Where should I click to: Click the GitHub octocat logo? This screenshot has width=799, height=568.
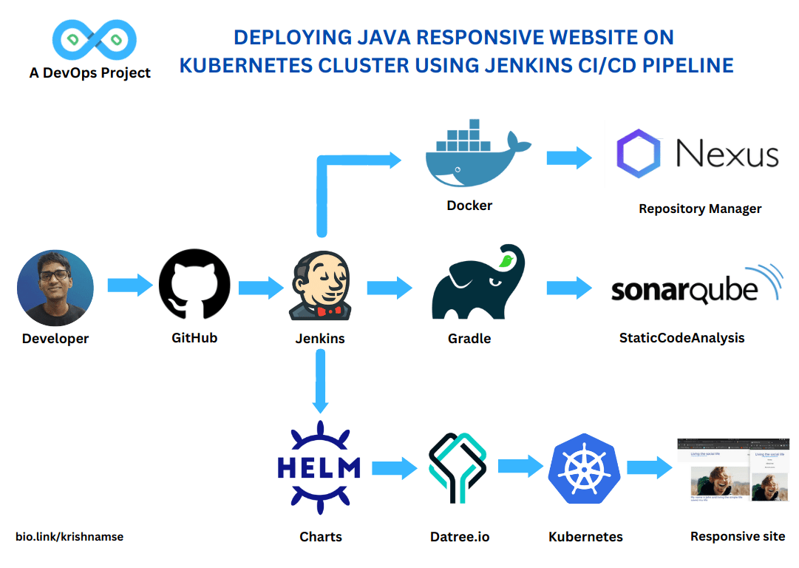194,285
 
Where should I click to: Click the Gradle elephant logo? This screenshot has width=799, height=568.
476,284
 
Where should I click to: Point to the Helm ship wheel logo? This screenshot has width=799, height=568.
319,467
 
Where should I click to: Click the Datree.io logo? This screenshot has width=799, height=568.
458,468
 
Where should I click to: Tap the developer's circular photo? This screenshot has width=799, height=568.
55,288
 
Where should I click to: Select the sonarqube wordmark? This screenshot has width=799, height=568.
684,289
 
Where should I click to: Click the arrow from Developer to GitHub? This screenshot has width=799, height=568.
129,285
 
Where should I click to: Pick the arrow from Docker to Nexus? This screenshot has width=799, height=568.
569,158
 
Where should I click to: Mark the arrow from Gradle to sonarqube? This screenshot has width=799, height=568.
569,288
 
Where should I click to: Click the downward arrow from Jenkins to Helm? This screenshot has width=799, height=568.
320,381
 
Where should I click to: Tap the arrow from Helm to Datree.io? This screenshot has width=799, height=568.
394,467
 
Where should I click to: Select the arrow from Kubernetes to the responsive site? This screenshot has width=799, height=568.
649,467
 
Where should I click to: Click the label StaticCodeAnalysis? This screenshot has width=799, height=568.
681,338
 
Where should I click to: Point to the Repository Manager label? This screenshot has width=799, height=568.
699,209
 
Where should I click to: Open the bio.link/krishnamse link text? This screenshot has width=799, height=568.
69,536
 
